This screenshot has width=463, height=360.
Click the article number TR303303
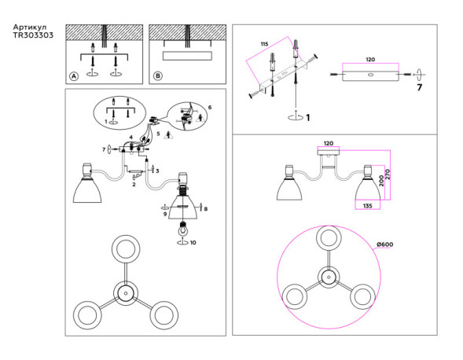[x=34, y=37]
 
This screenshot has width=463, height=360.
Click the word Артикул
[x=31, y=28]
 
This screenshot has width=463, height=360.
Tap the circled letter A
[x=73, y=76]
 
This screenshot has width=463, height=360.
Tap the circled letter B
[x=157, y=76]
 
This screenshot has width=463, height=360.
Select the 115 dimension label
[x=264, y=43]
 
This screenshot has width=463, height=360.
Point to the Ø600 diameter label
[x=384, y=244]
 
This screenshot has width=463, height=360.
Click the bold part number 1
[x=307, y=118]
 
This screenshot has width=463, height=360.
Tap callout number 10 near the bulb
[x=193, y=243]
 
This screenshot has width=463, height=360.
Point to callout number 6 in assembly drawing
[x=210, y=107]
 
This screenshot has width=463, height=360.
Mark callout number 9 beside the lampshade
[x=165, y=214]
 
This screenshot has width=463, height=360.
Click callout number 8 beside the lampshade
[x=205, y=208]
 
